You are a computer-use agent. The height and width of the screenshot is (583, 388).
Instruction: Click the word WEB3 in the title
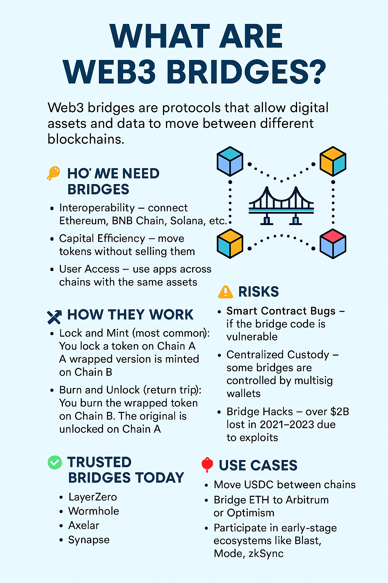(110, 72)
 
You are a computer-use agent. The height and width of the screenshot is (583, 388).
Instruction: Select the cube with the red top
(333, 244)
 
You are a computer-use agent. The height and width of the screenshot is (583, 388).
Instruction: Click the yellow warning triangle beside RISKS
(225, 291)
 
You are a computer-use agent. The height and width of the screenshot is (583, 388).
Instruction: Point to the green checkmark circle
(55, 463)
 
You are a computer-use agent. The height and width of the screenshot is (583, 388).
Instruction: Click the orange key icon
(53, 173)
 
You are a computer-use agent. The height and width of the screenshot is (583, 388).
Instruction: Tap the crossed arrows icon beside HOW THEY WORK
(55, 317)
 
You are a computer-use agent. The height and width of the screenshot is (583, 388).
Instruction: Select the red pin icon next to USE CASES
(207, 465)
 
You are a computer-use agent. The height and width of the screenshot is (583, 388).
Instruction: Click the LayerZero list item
(92, 497)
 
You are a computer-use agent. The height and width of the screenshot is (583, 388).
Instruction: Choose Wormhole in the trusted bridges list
(94, 511)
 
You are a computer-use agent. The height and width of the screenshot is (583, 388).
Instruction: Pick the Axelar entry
(84, 525)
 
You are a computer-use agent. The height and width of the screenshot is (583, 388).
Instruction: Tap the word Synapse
(89, 540)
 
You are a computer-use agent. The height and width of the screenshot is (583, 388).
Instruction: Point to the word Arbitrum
(307, 500)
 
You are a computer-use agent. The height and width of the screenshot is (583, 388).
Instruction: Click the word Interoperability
(97, 208)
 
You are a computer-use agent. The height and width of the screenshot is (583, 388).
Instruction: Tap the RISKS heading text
(258, 291)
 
